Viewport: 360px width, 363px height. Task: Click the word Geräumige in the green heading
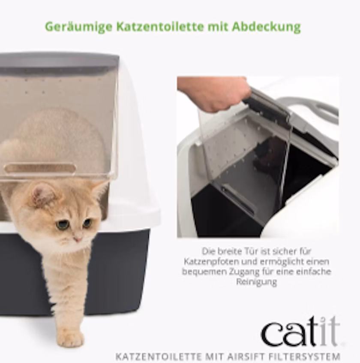pos(79,27)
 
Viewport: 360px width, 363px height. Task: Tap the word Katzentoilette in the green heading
pos(160,27)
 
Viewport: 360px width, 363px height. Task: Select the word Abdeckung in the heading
pos(267,27)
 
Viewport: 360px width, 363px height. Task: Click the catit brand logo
pos(301,332)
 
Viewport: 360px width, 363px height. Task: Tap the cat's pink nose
pos(78,239)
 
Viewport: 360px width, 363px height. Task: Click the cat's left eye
pos(61,224)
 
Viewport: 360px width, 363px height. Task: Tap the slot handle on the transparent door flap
pos(40,168)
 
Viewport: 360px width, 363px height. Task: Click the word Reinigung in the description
pos(256,282)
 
